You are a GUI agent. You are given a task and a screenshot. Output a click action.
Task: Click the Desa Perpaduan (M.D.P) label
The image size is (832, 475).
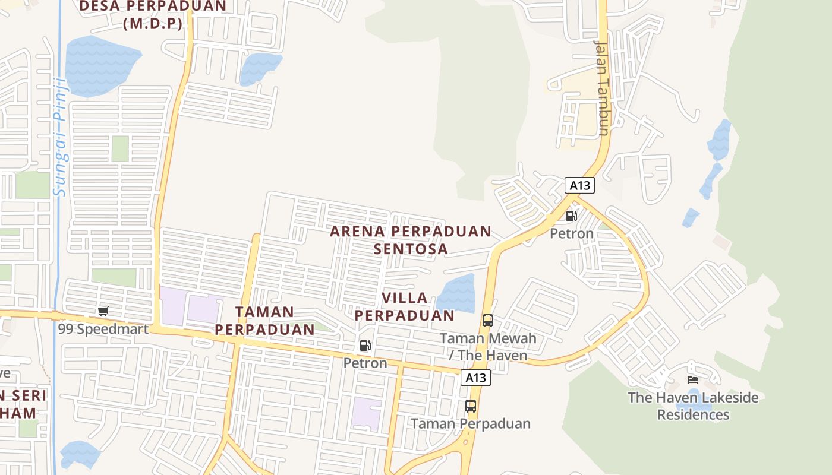(152, 15)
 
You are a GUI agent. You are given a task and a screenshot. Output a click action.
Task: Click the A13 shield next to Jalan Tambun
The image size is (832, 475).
(579, 185)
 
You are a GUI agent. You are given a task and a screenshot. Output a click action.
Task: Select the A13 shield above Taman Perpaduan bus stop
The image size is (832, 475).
(475, 378)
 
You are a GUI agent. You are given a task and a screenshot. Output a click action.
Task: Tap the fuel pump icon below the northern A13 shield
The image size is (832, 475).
(571, 216)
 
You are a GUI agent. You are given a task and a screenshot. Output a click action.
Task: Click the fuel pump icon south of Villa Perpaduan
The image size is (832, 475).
(365, 346)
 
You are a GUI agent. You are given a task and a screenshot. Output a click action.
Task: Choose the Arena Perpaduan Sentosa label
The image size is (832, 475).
(411, 240)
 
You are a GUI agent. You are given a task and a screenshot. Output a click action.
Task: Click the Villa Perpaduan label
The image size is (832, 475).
(405, 306)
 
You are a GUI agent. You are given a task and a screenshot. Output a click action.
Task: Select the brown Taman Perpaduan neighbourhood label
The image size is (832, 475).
(264, 321)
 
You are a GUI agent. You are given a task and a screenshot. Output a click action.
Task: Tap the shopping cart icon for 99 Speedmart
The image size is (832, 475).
(103, 312)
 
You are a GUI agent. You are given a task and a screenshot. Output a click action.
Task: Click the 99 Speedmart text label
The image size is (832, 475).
(103, 328)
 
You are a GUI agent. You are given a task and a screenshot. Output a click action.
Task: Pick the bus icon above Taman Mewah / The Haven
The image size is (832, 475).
(487, 321)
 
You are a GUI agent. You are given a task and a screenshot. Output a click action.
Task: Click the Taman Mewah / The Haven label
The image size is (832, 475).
(487, 347)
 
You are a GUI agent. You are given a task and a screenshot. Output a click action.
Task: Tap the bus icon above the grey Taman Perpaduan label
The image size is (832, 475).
(470, 406)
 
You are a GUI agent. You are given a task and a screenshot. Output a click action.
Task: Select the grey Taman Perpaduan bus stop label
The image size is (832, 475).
(470, 423)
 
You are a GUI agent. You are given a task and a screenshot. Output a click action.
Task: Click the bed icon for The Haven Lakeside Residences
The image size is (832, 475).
(692, 379)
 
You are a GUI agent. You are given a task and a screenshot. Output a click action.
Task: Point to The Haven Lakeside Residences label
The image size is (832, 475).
(693, 406)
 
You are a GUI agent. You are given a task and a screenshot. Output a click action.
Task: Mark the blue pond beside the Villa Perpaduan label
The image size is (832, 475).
(456, 294)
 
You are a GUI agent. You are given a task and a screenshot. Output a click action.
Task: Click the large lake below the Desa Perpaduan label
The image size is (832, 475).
(101, 64)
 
